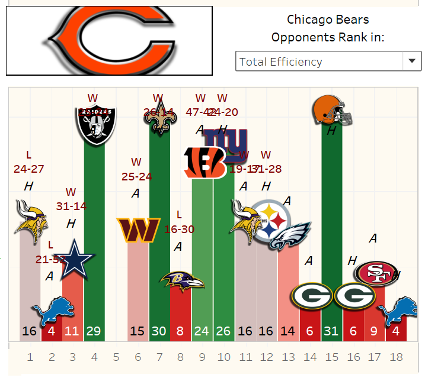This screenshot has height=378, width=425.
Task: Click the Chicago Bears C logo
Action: click(110, 40)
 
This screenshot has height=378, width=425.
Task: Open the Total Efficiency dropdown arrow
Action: click(411, 61)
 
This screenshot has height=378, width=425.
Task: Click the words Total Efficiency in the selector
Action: click(280, 62)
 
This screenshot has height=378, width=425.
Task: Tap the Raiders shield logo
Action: click(96, 119)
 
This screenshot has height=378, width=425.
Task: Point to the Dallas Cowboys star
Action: click(75, 258)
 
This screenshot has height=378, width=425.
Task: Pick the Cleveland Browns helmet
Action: click(332, 110)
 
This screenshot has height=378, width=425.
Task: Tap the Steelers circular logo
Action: click(271, 222)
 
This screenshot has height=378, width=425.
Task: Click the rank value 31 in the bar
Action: click(332, 331)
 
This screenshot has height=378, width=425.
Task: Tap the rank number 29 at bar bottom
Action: click(94, 331)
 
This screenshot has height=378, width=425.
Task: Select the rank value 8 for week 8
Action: click(180, 331)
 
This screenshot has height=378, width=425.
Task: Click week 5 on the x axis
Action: click(116, 357)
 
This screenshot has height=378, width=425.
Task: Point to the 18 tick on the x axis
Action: click(397, 357)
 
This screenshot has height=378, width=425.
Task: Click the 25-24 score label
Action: click(136, 176)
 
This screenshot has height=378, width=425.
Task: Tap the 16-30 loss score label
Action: click(180, 229)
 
